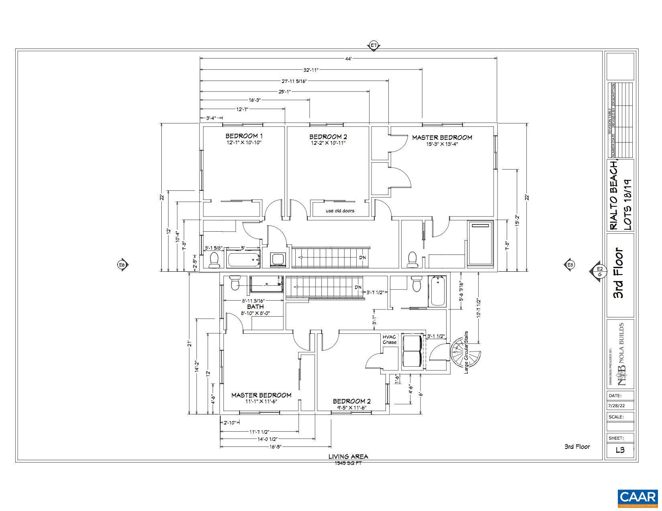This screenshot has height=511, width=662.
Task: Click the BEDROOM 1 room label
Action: point(244,136)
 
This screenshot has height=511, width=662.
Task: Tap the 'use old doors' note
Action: point(340,211)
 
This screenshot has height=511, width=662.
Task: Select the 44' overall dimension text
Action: point(348,59)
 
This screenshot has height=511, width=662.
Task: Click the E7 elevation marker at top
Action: point(374,46)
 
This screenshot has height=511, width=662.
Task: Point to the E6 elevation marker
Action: point(122,265)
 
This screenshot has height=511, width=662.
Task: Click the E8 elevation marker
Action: point(570,265)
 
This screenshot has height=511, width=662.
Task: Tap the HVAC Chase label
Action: point(389,339)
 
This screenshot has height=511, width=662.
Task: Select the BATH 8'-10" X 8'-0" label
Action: point(256,310)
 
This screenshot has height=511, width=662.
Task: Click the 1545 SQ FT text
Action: point(348,463)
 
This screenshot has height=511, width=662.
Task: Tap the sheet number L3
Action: point(620,450)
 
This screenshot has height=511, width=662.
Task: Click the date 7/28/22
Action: point(616,406)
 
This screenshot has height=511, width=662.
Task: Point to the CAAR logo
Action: point(637,497)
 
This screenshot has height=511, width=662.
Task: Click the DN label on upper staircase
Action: point(362,257)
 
